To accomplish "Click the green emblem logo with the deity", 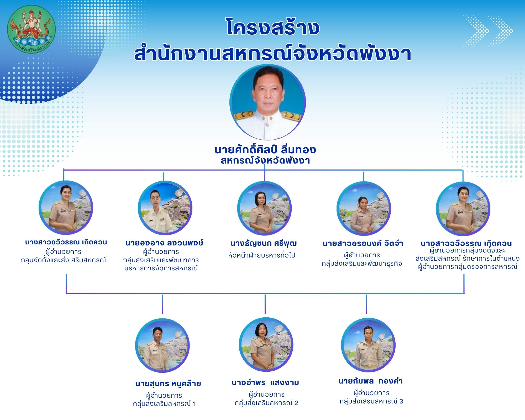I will click(31, 29).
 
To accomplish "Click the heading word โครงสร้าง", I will click(273, 27).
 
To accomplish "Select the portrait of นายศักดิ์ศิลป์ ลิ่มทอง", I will click(267, 102).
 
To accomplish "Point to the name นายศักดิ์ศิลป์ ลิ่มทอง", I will click(265, 150).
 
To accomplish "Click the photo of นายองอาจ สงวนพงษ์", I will click(165, 208).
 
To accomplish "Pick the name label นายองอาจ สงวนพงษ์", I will click(164, 243).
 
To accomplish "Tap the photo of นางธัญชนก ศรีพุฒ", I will click(264, 208).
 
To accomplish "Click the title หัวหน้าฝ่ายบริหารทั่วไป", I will click(262, 255).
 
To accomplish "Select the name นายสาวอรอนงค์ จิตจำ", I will click(363, 244).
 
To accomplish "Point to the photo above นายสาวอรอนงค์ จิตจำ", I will click(364, 209).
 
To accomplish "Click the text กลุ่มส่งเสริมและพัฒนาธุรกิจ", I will click(362, 264).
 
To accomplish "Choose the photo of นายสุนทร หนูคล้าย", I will click(162, 345).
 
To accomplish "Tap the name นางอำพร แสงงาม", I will click(265, 383).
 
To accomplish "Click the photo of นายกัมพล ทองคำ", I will click(368, 345).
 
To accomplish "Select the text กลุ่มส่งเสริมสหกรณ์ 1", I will click(164, 404).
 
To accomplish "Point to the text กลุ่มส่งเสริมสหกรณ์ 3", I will click(371, 401).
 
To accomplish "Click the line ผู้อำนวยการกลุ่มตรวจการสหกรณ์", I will click(468, 267).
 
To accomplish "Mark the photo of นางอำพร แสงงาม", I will click(266, 344).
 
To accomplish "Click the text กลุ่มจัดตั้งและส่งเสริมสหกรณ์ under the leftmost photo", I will click(64, 260).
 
